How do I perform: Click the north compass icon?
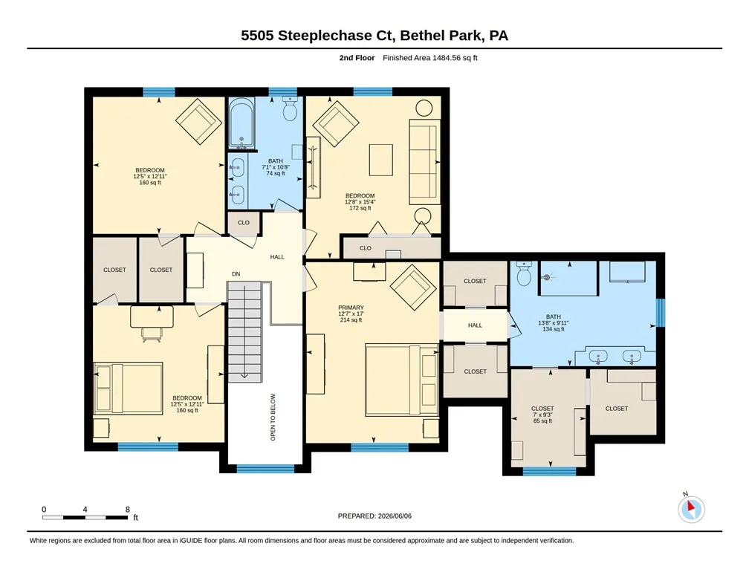point(691,509)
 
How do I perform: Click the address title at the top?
point(374,36)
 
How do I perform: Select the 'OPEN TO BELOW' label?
point(273,417)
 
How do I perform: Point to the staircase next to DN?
point(244,331)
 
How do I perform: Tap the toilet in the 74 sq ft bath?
point(290,108)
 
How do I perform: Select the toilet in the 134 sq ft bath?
point(524,273)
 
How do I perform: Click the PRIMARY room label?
point(351,308)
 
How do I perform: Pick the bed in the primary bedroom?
point(402,380)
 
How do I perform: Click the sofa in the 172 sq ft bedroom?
point(424,162)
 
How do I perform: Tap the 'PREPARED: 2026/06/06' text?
point(374,516)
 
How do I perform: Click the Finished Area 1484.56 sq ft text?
point(430,58)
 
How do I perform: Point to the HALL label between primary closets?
point(475,325)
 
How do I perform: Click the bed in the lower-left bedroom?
point(129,388)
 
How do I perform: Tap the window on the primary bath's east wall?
point(660,313)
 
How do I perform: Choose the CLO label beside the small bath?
point(244,223)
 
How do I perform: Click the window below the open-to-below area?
point(265,469)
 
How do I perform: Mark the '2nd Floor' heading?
point(357,58)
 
